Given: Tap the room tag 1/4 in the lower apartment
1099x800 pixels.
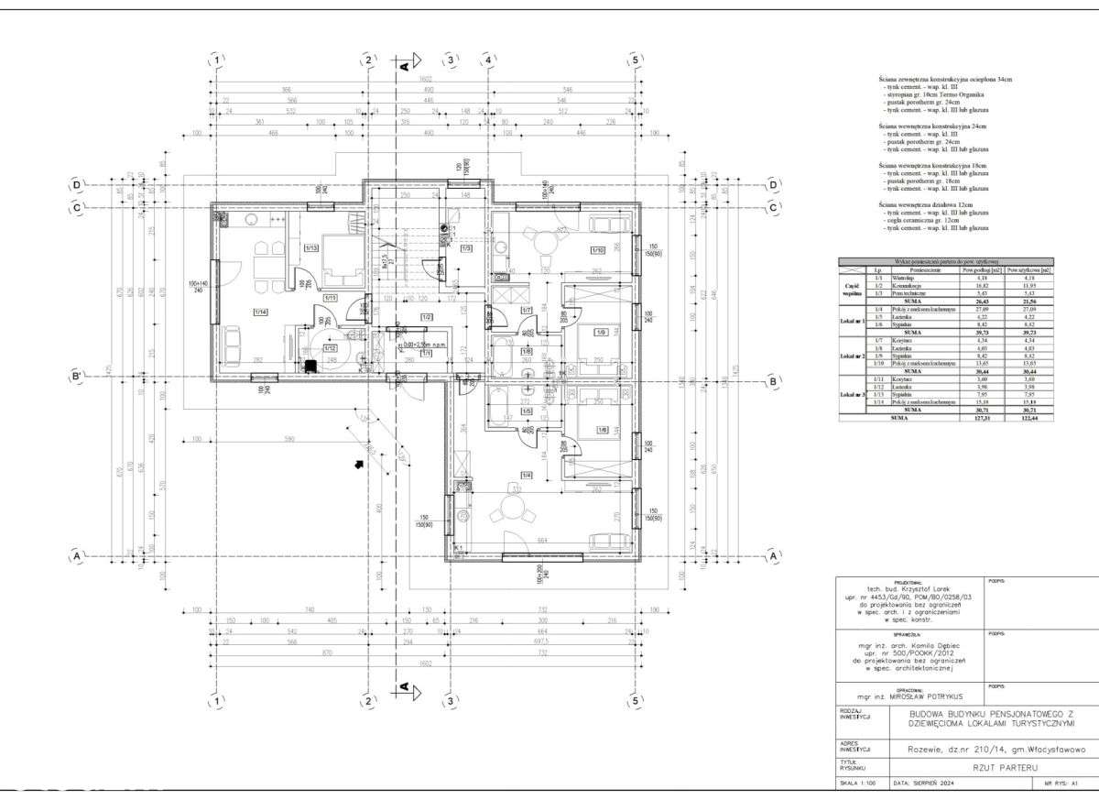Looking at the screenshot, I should click(x=526, y=475).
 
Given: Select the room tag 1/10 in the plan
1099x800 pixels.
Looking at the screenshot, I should click(x=597, y=249).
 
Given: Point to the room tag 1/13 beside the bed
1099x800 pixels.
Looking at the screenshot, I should click(x=311, y=248).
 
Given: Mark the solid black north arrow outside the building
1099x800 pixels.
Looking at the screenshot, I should click(x=359, y=464).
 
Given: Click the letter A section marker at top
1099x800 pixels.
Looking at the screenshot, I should click(x=403, y=66).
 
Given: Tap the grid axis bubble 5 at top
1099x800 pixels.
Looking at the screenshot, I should click(x=634, y=60).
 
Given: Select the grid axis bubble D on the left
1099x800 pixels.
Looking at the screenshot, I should click(x=77, y=185).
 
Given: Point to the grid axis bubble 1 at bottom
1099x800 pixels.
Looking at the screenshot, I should click(x=217, y=702).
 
